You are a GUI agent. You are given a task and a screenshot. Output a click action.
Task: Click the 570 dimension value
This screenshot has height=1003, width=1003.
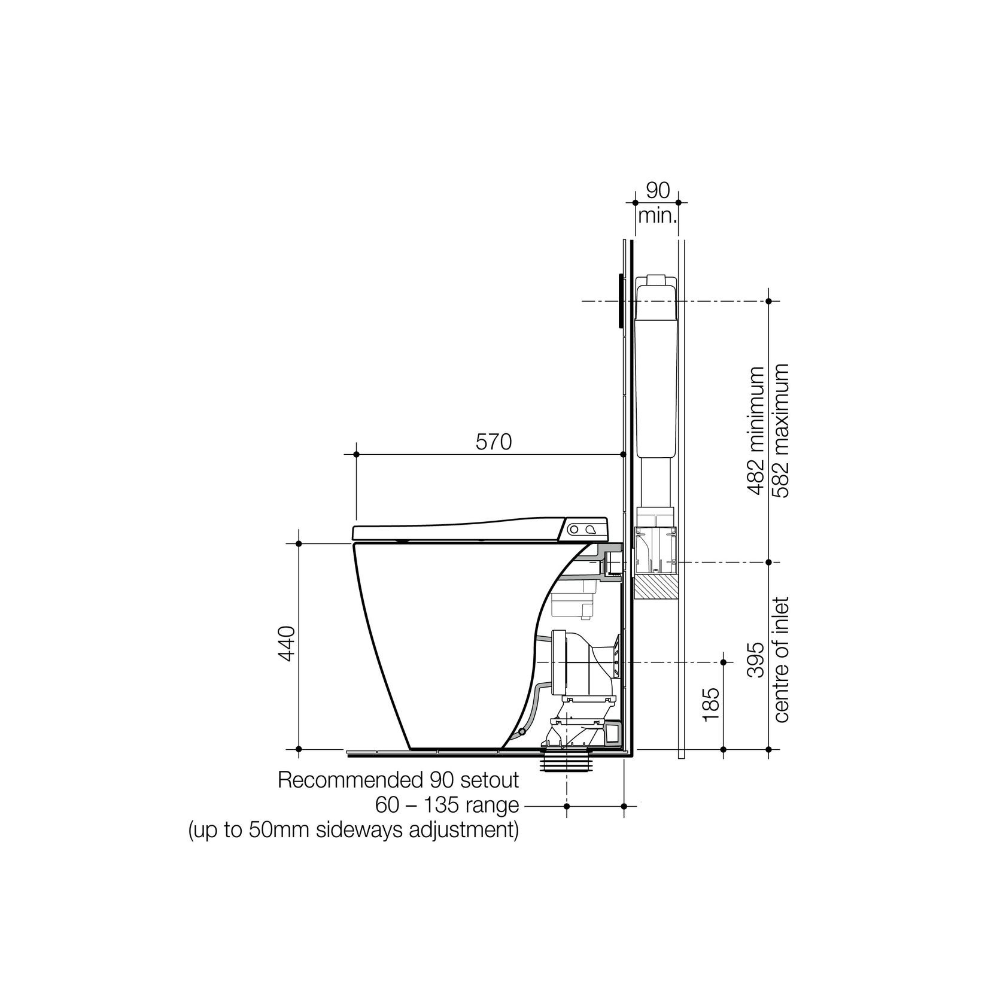pos(494,442)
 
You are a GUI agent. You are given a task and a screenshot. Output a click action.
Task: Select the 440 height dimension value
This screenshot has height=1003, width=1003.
pos(288,643)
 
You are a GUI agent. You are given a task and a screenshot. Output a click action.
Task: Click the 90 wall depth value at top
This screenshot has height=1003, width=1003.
pos(657,191)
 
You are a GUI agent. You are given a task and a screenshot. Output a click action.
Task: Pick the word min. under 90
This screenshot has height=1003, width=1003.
pos(657,215)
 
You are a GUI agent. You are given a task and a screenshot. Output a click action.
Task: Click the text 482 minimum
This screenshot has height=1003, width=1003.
pos(756,430)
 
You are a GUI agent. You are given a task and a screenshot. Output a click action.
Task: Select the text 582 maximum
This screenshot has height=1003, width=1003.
pos(780,430)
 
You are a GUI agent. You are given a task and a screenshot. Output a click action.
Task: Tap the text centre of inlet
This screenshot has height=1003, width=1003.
pos(781,659)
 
